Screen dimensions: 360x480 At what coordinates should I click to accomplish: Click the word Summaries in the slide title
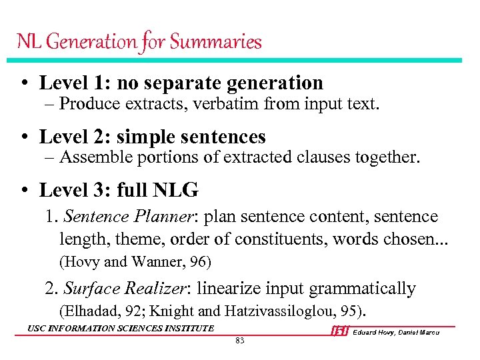pyautogui.click(x=215, y=42)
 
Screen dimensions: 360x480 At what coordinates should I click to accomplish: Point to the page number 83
pyautogui.click(x=240, y=341)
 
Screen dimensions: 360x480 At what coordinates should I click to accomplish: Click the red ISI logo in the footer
pyautogui.click(x=339, y=331)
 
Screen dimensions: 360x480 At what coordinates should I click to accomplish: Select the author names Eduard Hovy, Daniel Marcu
pyautogui.click(x=396, y=332)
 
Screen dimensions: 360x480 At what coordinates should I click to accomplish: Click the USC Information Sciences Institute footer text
pyautogui.click(x=121, y=328)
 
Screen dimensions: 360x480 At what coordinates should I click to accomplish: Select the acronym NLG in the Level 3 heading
pyautogui.click(x=176, y=191)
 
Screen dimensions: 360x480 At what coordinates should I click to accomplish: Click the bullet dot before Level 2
pyautogui.click(x=24, y=137)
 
